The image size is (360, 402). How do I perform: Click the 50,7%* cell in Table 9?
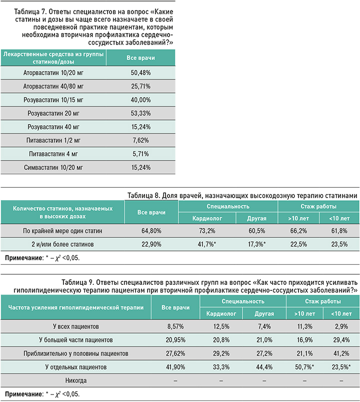pos(304,367)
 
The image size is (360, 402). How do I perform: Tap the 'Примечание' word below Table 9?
pos(23,394)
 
